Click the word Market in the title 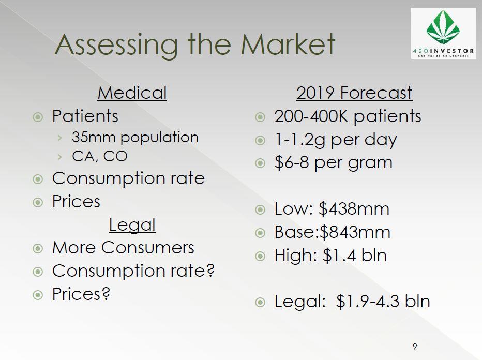click(x=288, y=44)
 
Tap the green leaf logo click(x=443, y=27)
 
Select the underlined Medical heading click(x=132, y=93)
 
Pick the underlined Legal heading click(x=132, y=226)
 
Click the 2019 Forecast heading click(x=354, y=93)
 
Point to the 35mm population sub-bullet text click(x=135, y=138)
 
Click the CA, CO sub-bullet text click(x=100, y=156)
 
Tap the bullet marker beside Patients click(x=38, y=117)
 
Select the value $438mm click(x=354, y=209)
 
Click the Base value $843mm click(x=355, y=232)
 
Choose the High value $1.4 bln click(x=354, y=256)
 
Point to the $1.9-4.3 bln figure click(x=383, y=301)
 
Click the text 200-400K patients click(x=348, y=116)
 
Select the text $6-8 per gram click(x=334, y=163)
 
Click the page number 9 click(x=415, y=347)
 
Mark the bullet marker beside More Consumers click(x=38, y=248)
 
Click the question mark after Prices click(x=106, y=294)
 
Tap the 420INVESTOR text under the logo click(x=443, y=51)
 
